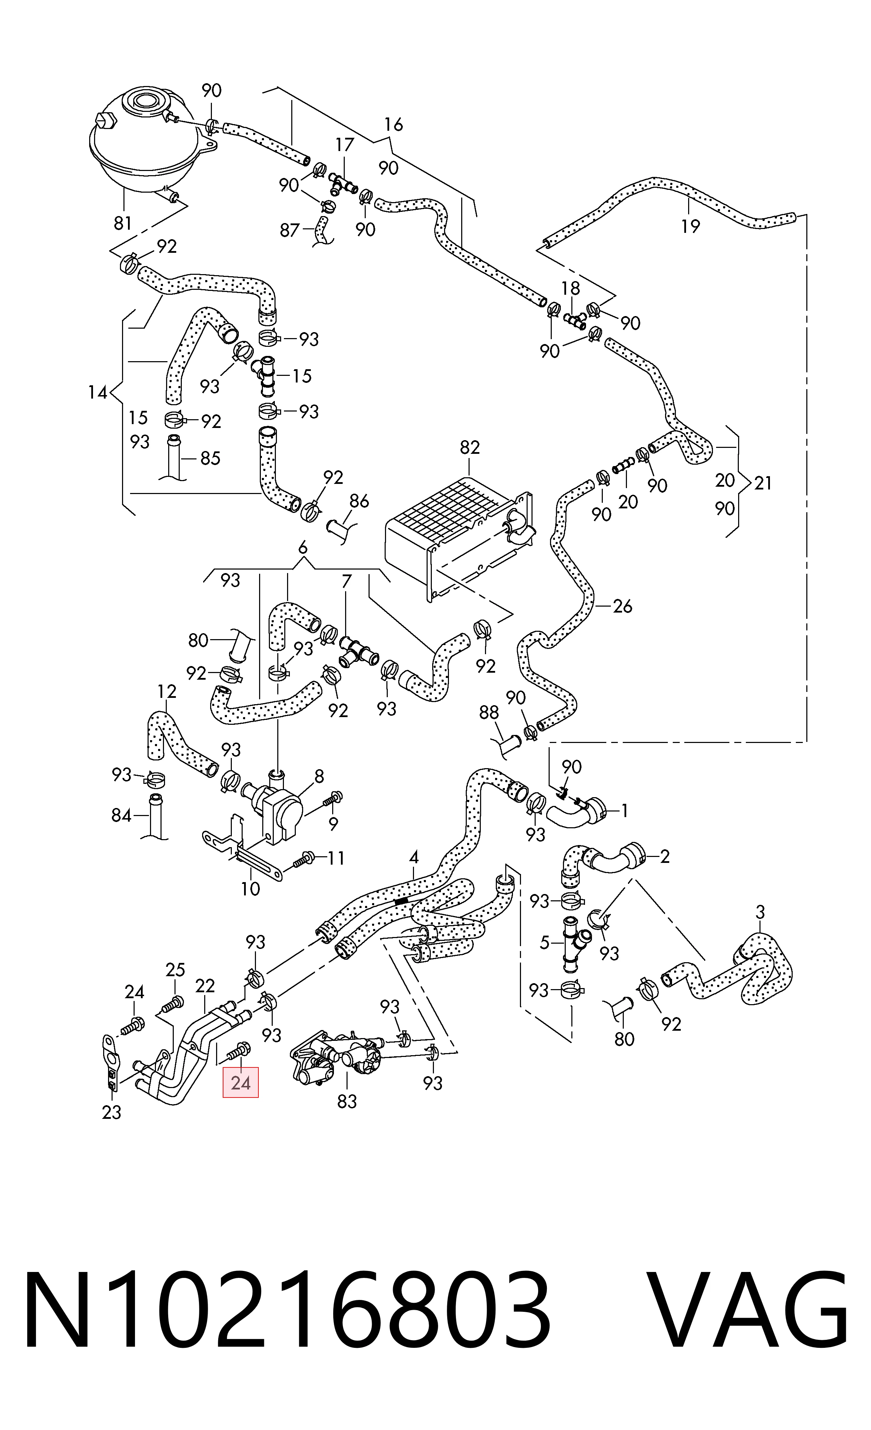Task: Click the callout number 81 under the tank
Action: [122, 223]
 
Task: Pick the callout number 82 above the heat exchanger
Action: [470, 448]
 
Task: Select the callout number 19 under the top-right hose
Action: [691, 226]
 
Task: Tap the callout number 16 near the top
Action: [393, 125]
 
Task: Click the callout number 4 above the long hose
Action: [414, 857]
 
